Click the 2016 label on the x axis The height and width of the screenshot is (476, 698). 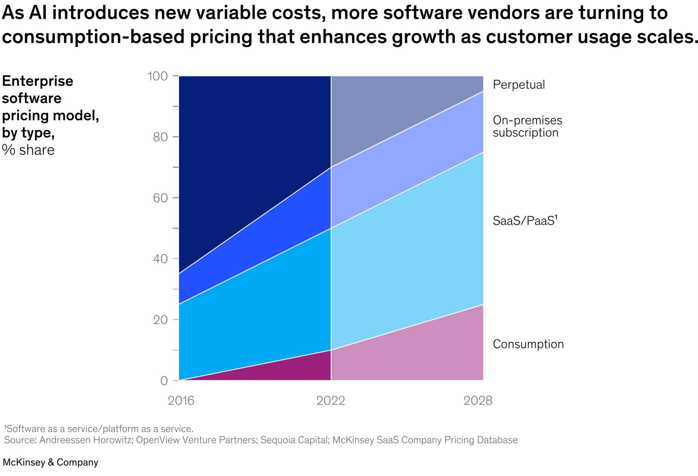pos(181,400)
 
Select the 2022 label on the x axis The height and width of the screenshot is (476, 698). pos(330,400)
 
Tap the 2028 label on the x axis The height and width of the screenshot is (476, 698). pos(478,400)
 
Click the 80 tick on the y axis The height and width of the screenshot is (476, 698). pos(160,137)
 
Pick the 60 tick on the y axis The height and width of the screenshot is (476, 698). pos(160,198)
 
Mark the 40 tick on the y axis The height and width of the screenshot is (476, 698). pos(160,259)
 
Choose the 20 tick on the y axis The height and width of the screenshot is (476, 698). pos(160,320)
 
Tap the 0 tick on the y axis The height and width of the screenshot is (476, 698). pos(164,381)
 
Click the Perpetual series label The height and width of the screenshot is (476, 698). pos(519,85)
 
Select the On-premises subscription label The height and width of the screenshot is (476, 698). pos(527,126)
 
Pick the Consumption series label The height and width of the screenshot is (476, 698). pos(528,344)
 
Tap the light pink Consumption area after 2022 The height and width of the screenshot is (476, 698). pos(418,356)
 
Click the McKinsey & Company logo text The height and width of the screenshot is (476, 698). pos(51,462)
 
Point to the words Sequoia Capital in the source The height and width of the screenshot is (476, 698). pos(294,440)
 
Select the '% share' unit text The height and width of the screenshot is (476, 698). pos(28,150)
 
